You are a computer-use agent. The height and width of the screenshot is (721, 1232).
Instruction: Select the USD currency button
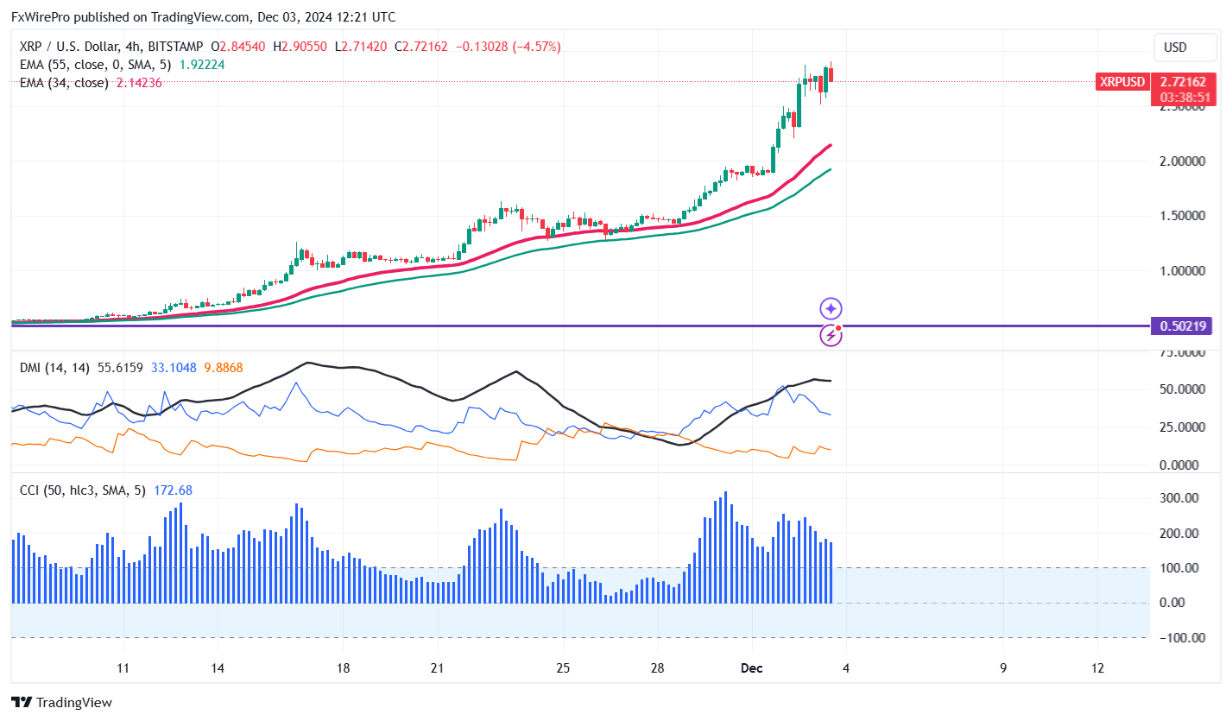pos(1175,47)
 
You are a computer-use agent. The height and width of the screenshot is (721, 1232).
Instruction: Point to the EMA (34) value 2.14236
pos(139,83)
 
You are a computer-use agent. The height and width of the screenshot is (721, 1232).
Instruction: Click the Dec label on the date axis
pos(751,668)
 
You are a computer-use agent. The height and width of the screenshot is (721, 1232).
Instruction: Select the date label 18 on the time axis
pos(343,668)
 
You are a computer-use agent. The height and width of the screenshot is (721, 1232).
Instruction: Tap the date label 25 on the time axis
pos(562,668)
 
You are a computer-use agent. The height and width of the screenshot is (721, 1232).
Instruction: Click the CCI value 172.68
pos(173,490)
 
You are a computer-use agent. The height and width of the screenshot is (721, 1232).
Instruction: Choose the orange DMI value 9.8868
pos(223,368)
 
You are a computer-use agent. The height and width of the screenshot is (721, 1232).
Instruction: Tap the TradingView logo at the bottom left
pos(61,703)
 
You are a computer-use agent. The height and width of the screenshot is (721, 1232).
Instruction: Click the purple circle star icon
pos(831,308)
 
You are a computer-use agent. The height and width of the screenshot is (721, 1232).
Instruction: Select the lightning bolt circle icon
pos(831,335)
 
